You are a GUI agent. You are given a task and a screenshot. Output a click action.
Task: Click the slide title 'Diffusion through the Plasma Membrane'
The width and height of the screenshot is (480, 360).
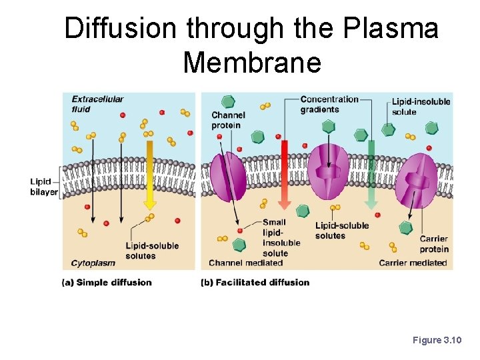(x=251, y=45)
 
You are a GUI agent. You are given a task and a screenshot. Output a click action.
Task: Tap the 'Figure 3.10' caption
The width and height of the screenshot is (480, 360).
(x=437, y=341)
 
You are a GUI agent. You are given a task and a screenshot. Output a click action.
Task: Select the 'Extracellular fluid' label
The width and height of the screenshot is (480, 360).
(x=97, y=104)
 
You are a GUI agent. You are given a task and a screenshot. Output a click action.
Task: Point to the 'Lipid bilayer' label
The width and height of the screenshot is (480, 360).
(x=44, y=187)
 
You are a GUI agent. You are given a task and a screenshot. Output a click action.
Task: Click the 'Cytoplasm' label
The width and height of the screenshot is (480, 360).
(x=93, y=263)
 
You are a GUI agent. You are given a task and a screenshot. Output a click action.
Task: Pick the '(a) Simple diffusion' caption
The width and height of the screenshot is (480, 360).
(x=107, y=282)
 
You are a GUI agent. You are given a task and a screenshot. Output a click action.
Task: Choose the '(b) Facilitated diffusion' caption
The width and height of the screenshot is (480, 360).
(x=255, y=282)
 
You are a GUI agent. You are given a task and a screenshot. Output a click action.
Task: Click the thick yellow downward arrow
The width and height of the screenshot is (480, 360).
(x=150, y=174)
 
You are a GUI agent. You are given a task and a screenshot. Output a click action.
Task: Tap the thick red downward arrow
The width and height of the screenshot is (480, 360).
(x=284, y=174)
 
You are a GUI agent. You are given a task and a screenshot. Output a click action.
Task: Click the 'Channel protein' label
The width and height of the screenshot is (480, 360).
(x=228, y=119)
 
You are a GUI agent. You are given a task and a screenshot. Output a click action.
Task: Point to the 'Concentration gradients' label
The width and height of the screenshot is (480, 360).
(x=329, y=105)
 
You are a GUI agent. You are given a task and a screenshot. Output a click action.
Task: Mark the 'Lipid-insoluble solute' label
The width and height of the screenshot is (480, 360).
(x=421, y=107)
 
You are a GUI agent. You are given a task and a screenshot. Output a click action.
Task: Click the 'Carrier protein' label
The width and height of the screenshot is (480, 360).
(x=433, y=244)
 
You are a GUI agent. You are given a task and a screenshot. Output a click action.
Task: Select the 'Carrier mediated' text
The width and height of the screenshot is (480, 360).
(x=413, y=263)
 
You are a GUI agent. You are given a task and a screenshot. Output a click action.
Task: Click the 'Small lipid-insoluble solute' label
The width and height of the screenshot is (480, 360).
(x=275, y=237)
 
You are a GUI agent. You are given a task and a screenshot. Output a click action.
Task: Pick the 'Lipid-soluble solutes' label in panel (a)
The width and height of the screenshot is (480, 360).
(x=152, y=250)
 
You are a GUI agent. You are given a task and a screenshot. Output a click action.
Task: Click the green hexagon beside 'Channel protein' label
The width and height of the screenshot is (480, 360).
(x=228, y=101)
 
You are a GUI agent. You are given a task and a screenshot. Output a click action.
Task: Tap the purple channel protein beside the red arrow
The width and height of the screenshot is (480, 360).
(x=228, y=177)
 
